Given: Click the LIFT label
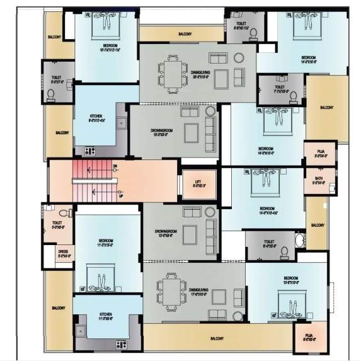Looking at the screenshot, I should coord(198,182).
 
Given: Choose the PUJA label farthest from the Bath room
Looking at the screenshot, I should coord(309,336).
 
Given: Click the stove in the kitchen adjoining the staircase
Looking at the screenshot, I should coord(90,151).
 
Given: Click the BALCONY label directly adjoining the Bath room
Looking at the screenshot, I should coord(317,226).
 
